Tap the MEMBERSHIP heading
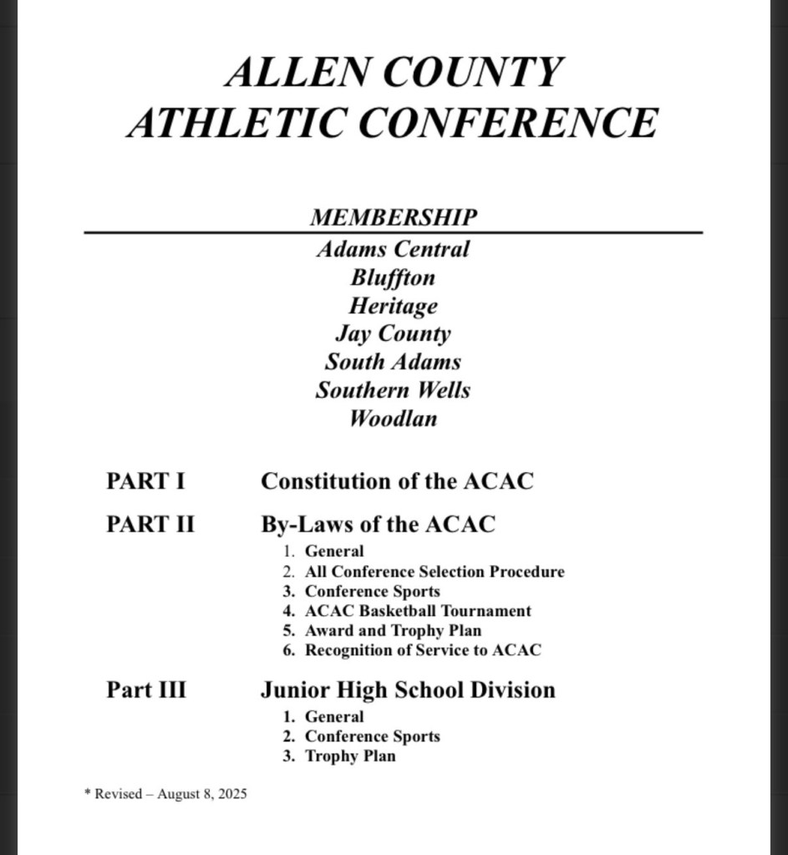(x=394, y=217)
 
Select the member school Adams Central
(x=393, y=249)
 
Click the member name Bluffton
(x=393, y=277)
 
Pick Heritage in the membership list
(x=393, y=306)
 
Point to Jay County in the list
(x=393, y=334)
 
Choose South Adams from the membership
(x=393, y=363)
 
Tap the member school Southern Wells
(x=393, y=391)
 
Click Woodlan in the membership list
(x=393, y=419)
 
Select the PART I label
(x=145, y=481)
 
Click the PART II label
(x=150, y=525)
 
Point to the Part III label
(x=146, y=690)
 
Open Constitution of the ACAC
(x=397, y=481)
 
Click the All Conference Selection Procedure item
(x=435, y=572)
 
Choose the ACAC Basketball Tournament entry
(x=418, y=611)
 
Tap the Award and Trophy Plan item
(x=393, y=631)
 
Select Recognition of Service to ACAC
(x=423, y=650)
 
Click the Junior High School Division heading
(x=408, y=690)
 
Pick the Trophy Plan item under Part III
(x=350, y=756)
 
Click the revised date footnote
(x=167, y=794)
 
